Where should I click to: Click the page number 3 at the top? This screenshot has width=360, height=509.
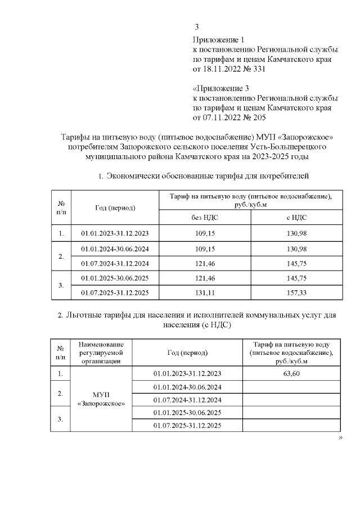(196, 27)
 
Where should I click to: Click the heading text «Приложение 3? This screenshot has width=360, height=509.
(220, 89)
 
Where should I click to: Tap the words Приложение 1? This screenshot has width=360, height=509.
(219, 40)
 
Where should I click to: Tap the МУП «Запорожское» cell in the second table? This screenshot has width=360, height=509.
(100, 399)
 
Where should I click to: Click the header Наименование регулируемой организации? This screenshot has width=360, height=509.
(100, 353)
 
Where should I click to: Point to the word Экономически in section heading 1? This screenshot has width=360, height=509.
(133, 176)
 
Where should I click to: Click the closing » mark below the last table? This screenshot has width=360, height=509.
(340, 439)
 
